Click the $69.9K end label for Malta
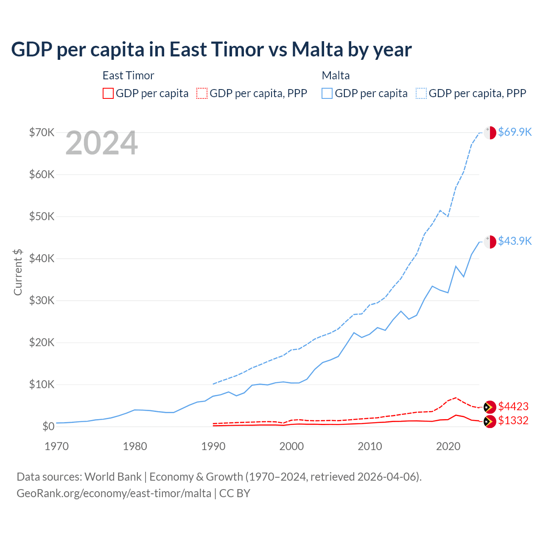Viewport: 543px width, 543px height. point(515,132)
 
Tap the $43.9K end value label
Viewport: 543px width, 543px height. point(515,241)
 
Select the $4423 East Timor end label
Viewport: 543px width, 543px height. point(513,406)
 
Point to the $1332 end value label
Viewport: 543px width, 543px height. point(513,420)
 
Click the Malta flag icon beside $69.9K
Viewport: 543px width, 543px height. point(490,132)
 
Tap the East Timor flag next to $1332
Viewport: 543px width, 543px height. point(490,421)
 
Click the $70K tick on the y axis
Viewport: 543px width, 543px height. point(42,132)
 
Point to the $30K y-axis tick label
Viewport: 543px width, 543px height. point(42,300)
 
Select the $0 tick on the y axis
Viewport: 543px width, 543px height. point(48,426)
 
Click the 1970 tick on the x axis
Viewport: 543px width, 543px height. point(56,446)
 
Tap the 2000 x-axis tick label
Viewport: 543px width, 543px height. point(291,446)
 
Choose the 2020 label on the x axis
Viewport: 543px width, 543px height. point(448,446)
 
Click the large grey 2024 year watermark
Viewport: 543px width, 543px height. point(101,143)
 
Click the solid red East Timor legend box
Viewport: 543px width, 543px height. point(108,93)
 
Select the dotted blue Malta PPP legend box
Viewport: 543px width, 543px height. point(421,93)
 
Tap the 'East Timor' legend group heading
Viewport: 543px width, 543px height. point(128,76)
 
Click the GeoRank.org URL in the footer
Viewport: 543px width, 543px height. point(114,493)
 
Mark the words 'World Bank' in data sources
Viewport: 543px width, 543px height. point(113,477)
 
